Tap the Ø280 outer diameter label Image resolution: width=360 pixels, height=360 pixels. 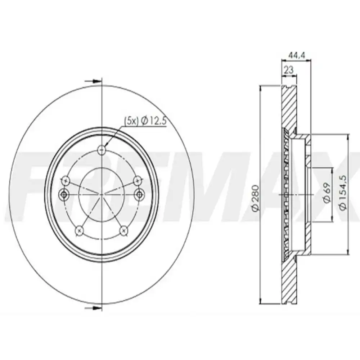click(255, 198)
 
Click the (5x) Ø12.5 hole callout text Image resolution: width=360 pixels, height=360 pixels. click(144, 122)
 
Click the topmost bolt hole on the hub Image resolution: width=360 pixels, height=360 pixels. click(102, 149)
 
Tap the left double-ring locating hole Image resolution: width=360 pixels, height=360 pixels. click(65, 194)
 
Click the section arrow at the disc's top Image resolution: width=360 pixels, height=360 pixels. click(94, 81)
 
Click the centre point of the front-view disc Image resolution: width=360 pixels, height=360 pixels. click(102, 194)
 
